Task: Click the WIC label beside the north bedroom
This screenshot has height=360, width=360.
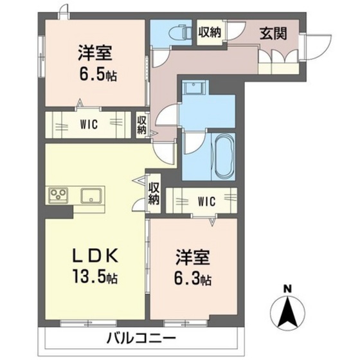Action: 89,125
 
